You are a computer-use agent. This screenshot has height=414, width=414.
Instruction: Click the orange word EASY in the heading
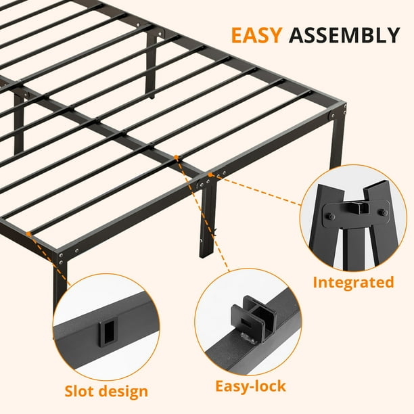(256, 35)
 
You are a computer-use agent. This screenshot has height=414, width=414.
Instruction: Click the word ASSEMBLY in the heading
(344, 35)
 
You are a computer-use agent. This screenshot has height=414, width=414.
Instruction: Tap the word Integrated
(353, 283)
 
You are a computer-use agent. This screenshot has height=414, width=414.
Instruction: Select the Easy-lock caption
(250, 386)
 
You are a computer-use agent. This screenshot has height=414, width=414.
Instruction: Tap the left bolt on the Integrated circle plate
(331, 217)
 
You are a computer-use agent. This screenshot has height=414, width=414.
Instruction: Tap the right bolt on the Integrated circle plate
(383, 212)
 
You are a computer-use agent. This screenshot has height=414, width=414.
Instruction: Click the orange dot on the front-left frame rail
(28, 234)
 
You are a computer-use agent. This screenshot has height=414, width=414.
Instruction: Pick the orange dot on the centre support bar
(176, 158)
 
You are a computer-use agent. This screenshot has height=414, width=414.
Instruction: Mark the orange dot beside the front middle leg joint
(210, 175)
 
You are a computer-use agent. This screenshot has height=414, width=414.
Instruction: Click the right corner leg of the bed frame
(337, 140)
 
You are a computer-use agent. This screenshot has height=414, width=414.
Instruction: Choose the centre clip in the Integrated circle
(359, 208)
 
